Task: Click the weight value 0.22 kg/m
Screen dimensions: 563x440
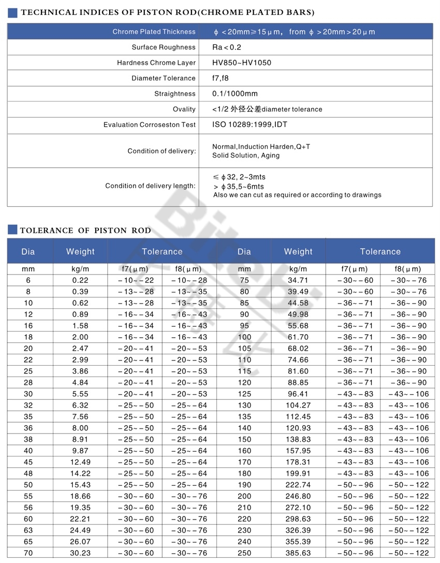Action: tap(80, 280)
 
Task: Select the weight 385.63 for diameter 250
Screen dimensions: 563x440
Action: tap(298, 553)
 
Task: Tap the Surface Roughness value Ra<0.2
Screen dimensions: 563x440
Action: tap(227, 47)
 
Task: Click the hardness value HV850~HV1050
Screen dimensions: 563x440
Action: tap(241, 63)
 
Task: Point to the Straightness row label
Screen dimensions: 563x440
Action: tap(174, 94)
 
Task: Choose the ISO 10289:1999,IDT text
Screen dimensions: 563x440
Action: tap(250, 125)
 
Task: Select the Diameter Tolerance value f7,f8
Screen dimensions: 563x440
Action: tap(221, 78)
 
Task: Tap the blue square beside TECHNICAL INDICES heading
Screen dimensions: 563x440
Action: tap(13, 12)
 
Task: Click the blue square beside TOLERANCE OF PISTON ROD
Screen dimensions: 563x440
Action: tap(13, 230)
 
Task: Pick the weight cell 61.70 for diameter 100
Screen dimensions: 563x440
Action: tap(298, 337)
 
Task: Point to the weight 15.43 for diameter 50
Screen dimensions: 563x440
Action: tap(80, 485)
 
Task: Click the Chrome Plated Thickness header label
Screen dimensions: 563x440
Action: tap(154, 32)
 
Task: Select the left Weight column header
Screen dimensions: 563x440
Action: tap(80, 252)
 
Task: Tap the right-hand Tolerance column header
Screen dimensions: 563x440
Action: tap(380, 252)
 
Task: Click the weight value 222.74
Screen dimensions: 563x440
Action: tap(298, 485)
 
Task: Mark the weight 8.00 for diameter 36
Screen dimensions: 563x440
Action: tap(80, 428)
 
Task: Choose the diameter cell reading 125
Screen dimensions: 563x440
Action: tap(244, 394)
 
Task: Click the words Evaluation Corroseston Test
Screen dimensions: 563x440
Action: tap(149, 125)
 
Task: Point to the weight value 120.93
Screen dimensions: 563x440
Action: tap(298, 428)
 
